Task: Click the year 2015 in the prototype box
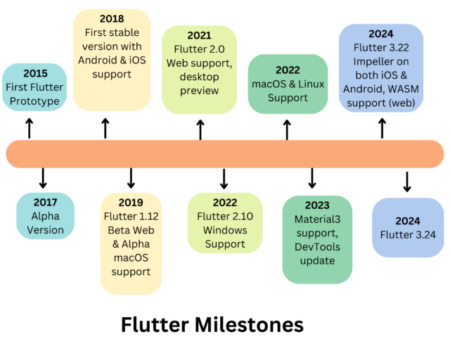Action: [x=36, y=73]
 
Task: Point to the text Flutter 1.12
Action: [x=131, y=216]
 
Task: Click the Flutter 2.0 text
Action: [x=200, y=49]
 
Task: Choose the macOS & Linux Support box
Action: [x=288, y=84]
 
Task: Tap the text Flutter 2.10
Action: [x=224, y=216]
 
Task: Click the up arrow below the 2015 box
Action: [x=30, y=128]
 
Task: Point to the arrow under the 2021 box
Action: [x=200, y=129]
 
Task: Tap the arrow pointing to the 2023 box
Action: [x=312, y=178]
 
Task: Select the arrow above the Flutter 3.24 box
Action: [x=406, y=181]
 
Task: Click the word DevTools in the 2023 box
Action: [x=317, y=247]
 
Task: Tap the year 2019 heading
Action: [x=131, y=202]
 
